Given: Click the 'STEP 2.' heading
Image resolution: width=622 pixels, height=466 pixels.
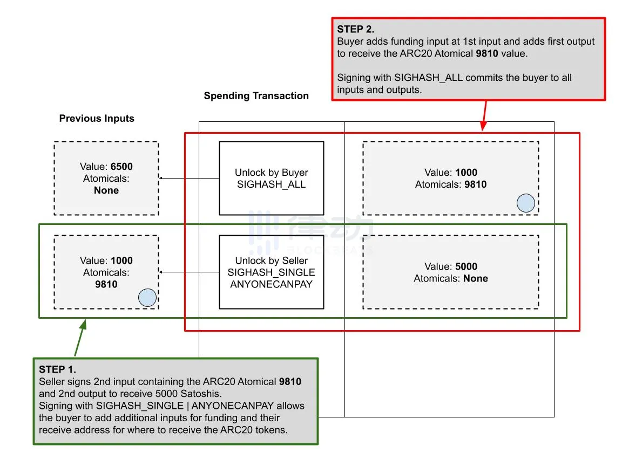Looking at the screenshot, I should tap(356, 30).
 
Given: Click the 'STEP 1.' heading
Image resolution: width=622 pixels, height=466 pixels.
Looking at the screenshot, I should tap(57, 369).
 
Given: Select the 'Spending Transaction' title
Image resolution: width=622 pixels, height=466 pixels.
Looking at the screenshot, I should tap(256, 96).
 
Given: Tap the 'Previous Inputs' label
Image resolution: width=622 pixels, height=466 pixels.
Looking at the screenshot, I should tap(97, 119).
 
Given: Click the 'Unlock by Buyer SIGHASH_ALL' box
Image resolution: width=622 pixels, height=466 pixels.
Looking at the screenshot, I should tap(271, 178).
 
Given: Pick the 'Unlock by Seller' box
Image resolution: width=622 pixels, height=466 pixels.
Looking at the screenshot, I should tap(271, 272).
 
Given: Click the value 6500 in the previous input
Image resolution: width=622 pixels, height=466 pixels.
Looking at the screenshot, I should tap(121, 167).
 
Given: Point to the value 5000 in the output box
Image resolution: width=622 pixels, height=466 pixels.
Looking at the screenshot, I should tap(466, 266).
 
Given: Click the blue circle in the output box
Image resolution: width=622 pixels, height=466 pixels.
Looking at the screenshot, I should tap(525, 203).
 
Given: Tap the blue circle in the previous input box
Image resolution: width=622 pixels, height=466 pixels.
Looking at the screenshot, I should tap(147, 298).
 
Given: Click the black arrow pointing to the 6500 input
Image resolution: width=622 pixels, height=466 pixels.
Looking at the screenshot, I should tap(189, 178).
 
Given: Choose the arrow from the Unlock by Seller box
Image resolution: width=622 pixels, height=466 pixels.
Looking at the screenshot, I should tap(189, 272).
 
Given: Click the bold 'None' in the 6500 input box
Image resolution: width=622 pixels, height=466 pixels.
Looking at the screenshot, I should tap(106, 190).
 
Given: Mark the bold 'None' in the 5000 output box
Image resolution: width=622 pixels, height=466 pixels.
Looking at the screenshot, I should tap(475, 278).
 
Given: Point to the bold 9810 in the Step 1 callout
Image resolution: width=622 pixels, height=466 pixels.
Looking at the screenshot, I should tap(290, 382).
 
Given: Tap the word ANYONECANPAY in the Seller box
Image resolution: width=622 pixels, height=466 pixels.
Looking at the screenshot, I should tap(271, 284).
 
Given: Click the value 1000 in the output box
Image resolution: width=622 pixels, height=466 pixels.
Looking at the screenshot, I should tap(466, 173).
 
